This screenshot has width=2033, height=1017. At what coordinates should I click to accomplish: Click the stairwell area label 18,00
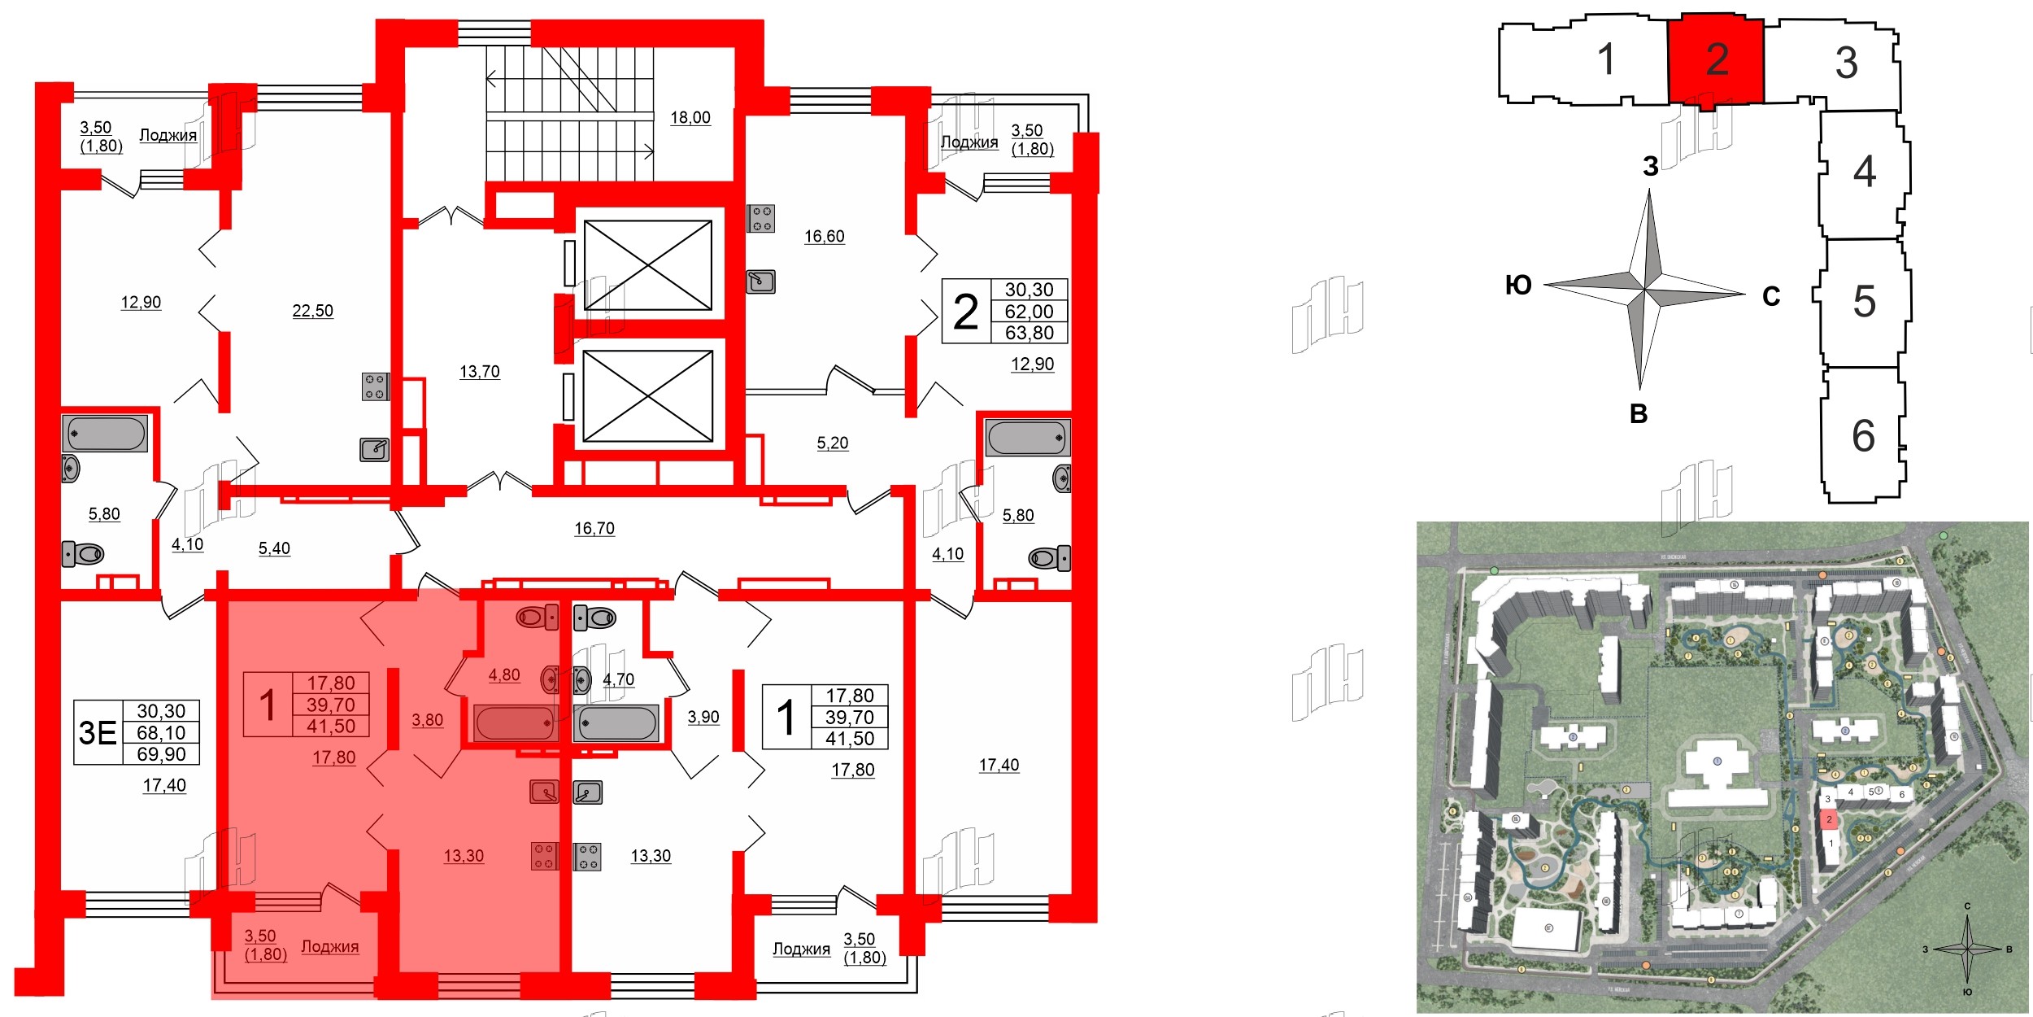[690, 118]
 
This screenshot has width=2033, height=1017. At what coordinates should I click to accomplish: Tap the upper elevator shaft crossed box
[648, 265]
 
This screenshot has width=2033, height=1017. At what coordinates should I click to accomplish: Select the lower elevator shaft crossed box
[648, 396]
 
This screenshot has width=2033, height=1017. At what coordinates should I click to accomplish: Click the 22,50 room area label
[312, 311]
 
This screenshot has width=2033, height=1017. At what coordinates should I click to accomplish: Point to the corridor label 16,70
[594, 529]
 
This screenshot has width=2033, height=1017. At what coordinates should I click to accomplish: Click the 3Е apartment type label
[98, 733]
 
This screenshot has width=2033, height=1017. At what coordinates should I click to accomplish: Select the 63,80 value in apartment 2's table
[1029, 333]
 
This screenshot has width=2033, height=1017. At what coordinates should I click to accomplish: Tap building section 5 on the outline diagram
[1864, 302]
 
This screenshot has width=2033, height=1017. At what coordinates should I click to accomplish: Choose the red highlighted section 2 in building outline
[1716, 59]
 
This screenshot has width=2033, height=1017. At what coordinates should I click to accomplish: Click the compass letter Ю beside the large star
[1518, 286]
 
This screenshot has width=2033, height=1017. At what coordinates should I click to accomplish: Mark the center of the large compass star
[1645, 290]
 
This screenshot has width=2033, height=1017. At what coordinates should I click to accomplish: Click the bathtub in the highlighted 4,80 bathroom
[514, 722]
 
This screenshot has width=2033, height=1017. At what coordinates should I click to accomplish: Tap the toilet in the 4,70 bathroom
[594, 618]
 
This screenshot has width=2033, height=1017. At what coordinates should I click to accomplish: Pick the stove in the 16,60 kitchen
[761, 218]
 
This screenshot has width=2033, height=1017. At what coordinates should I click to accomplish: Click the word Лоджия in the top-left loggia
[168, 135]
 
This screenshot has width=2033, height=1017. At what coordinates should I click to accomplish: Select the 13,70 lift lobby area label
[479, 372]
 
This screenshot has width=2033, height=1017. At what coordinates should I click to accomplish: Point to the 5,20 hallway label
[832, 443]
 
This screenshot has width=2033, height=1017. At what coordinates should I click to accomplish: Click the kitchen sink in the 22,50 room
[375, 449]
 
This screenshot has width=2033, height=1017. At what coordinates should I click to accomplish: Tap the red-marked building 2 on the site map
[1829, 819]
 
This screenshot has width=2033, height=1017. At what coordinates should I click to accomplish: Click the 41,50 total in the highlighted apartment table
[330, 727]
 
